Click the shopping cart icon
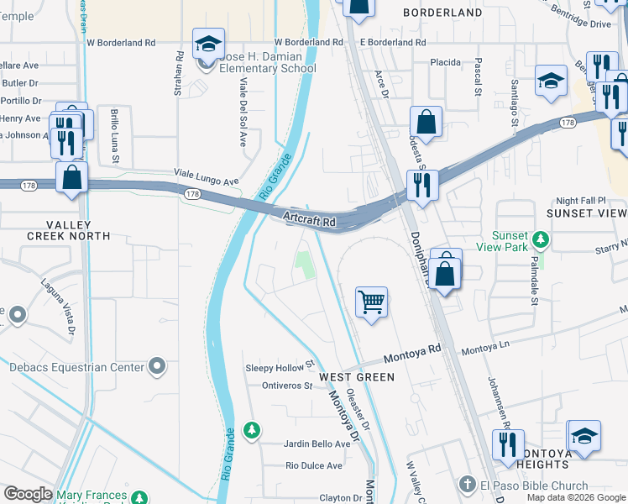(371, 301)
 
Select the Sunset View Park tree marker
(542, 241)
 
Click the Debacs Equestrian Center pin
(156, 365)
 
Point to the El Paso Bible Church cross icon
(468, 485)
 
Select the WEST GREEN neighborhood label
(364, 377)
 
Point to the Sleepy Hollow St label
(279, 367)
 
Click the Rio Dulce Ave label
(314, 465)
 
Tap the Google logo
(28, 494)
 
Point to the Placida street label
(446, 62)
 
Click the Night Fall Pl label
(592, 202)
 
